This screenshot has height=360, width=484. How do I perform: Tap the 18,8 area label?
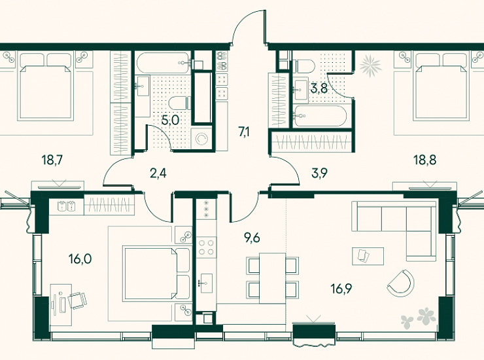click(x=424, y=160)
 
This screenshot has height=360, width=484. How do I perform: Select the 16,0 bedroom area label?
click(x=80, y=259)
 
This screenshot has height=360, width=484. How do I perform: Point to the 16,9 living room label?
click(x=341, y=289)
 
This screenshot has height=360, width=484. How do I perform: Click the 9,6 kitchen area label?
click(x=252, y=238)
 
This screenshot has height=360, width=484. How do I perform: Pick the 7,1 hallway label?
click(x=244, y=132)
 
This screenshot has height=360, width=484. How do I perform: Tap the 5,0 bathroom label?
click(x=171, y=120)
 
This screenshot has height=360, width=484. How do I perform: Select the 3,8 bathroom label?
click(x=319, y=88)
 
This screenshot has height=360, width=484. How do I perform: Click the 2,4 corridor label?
click(x=158, y=173)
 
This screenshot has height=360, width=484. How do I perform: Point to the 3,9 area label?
click(x=319, y=173)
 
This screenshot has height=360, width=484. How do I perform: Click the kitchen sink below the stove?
click(x=207, y=283)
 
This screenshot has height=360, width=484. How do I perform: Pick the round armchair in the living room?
click(x=400, y=283)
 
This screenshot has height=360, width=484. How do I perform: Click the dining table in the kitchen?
click(x=273, y=278)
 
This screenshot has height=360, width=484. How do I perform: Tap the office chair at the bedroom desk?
click(x=77, y=300)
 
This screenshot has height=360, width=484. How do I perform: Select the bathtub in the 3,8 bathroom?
click(x=320, y=116)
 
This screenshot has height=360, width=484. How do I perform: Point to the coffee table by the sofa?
click(x=368, y=256)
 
